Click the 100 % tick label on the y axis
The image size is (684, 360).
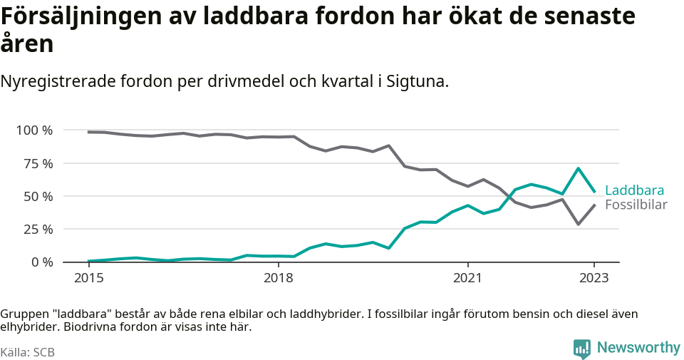tap(34, 130)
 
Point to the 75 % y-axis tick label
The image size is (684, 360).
tap(38, 163)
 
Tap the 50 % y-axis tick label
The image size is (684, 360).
tap(38, 196)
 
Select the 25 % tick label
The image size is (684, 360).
tap(38, 230)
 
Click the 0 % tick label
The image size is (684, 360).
tap(41, 262)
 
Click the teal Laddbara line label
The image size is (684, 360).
tap(634, 190)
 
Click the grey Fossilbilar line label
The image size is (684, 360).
tap(636, 205)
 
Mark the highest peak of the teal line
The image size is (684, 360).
tap(579, 169)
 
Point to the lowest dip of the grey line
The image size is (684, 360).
tap(579, 224)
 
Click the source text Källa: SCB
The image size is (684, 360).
tap(28, 352)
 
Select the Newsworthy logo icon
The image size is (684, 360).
tap(582, 349)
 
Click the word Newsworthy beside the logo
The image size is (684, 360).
tap(638, 348)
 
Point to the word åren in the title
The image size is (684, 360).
tap(26, 44)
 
